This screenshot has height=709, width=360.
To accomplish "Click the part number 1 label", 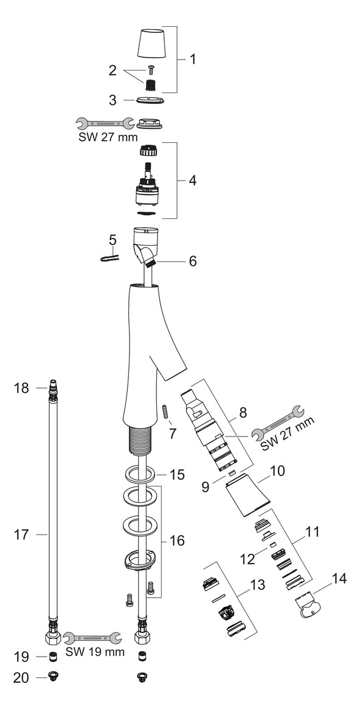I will click(192, 60).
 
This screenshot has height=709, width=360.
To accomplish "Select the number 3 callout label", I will click(112, 99).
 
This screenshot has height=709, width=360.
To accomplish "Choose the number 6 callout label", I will click(192, 261).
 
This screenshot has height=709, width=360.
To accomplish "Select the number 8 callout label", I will click(243, 412).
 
